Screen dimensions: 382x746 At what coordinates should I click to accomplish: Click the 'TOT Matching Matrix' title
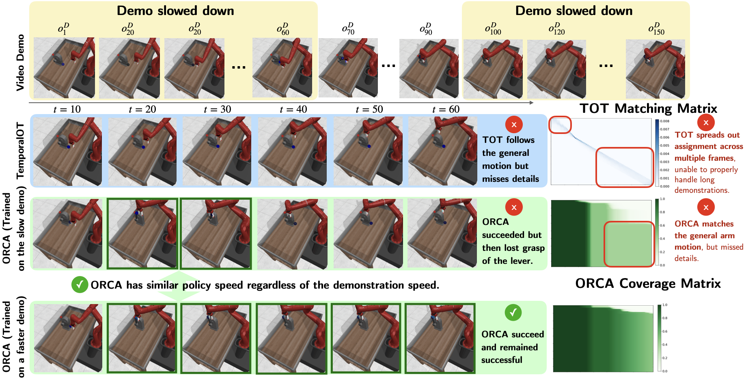click(648, 108)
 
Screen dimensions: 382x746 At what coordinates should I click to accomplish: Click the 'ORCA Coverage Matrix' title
click(648, 283)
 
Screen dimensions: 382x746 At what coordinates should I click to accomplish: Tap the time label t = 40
click(293, 109)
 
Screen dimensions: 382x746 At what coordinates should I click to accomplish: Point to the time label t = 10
click(67, 109)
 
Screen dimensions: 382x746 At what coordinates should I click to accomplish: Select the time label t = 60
click(446, 109)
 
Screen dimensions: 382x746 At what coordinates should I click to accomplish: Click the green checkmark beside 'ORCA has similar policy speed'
click(80, 285)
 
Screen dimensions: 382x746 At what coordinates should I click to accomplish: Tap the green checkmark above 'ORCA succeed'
click(513, 313)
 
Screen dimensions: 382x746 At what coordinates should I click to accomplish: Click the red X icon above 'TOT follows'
click(514, 125)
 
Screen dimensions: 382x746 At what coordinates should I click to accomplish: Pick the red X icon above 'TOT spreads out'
click(706, 123)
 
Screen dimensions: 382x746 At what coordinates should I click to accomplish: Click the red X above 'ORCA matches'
click(706, 207)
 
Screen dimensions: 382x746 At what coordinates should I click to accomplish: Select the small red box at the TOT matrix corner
click(560, 125)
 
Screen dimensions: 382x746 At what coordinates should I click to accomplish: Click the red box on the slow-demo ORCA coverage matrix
click(629, 244)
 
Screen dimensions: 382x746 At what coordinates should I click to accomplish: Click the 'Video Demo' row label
click(20, 63)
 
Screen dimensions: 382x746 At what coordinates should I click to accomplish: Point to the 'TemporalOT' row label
click(20, 151)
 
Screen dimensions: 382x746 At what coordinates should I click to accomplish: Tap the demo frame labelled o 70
click(348, 68)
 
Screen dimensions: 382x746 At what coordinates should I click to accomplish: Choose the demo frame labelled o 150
click(655, 69)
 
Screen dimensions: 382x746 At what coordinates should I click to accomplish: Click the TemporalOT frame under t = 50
click(368, 151)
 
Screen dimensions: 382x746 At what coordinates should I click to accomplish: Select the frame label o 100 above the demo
click(493, 29)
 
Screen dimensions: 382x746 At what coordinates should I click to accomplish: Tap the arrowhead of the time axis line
click(531, 103)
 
